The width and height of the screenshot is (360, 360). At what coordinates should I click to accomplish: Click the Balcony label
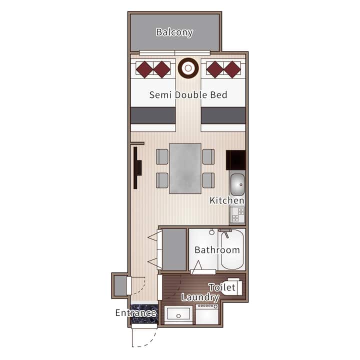pyautogui.click(x=174, y=32)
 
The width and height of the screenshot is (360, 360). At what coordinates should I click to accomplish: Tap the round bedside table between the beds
pyautogui.click(x=188, y=68)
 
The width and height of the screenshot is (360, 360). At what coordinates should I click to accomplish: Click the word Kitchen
pyautogui.click(x=227, y=200)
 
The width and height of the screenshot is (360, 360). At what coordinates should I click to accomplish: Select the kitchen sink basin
pyautogui.click(x=237, y=184)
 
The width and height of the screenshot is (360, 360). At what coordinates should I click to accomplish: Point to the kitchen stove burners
pyautogui.click(x=237, y=215)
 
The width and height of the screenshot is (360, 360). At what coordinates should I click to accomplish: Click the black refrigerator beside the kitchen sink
pyautogui.click(x=236, y=160)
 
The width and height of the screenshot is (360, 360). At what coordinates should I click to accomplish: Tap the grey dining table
pyautogui.click(x=185, y=168)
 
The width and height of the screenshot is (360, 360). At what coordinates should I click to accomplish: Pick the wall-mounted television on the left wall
pyautogui.click(x=137, y=168)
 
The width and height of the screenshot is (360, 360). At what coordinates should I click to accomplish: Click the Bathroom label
pyautogui.click(x=217, y=250)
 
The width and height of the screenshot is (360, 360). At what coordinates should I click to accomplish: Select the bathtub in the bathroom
pyautogui.click(x=232, y=249)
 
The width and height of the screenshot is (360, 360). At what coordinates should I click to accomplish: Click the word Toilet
pyautogui.click(x=222, y=287)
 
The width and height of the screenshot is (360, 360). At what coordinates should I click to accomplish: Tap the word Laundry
pyautogui.click(x=200, y=297)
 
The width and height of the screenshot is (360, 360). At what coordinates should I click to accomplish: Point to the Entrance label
pyautogui.click(x=136, y=313)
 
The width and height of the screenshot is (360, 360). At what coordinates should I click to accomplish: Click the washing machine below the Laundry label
pyautogui.click(x=207, y=314)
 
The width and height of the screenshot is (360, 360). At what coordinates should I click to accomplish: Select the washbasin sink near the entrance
pyautogui.click(x=178, y=314)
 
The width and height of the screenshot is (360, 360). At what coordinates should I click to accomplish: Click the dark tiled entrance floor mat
pyautogui.click(x=144, y=314)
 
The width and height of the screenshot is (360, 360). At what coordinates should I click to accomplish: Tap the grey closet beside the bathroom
pyautogui.click(x=174, y=249)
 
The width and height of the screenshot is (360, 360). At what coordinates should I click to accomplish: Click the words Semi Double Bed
pyautogui.click(x=188, y=95)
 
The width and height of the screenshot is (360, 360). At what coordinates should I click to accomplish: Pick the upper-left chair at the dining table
pyautogui.click(x=162, y=156)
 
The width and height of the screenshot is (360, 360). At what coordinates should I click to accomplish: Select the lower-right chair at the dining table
pyautogui.click(x=208, y=180)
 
